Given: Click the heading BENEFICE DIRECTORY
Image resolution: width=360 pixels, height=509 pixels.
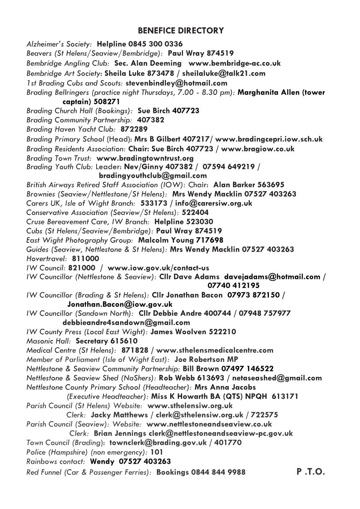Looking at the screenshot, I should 181,31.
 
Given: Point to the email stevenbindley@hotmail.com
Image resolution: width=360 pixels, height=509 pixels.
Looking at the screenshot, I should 177,83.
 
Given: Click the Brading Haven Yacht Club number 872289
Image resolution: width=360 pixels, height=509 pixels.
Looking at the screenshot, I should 134,129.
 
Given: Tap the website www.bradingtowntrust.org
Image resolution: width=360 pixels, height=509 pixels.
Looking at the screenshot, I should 145,158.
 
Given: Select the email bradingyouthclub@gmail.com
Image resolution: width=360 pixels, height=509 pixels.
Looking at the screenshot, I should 153,176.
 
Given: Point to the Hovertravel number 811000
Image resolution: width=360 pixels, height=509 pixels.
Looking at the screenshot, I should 86,259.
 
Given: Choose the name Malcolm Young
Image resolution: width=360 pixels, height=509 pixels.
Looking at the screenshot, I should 161,240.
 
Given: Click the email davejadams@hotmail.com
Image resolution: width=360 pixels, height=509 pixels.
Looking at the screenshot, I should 272,277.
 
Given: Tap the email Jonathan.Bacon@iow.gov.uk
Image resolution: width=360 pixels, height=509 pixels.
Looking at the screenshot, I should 120,304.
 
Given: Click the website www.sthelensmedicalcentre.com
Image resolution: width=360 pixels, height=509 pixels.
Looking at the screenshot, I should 215,350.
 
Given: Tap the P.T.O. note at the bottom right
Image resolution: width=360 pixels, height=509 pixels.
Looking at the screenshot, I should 311,472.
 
